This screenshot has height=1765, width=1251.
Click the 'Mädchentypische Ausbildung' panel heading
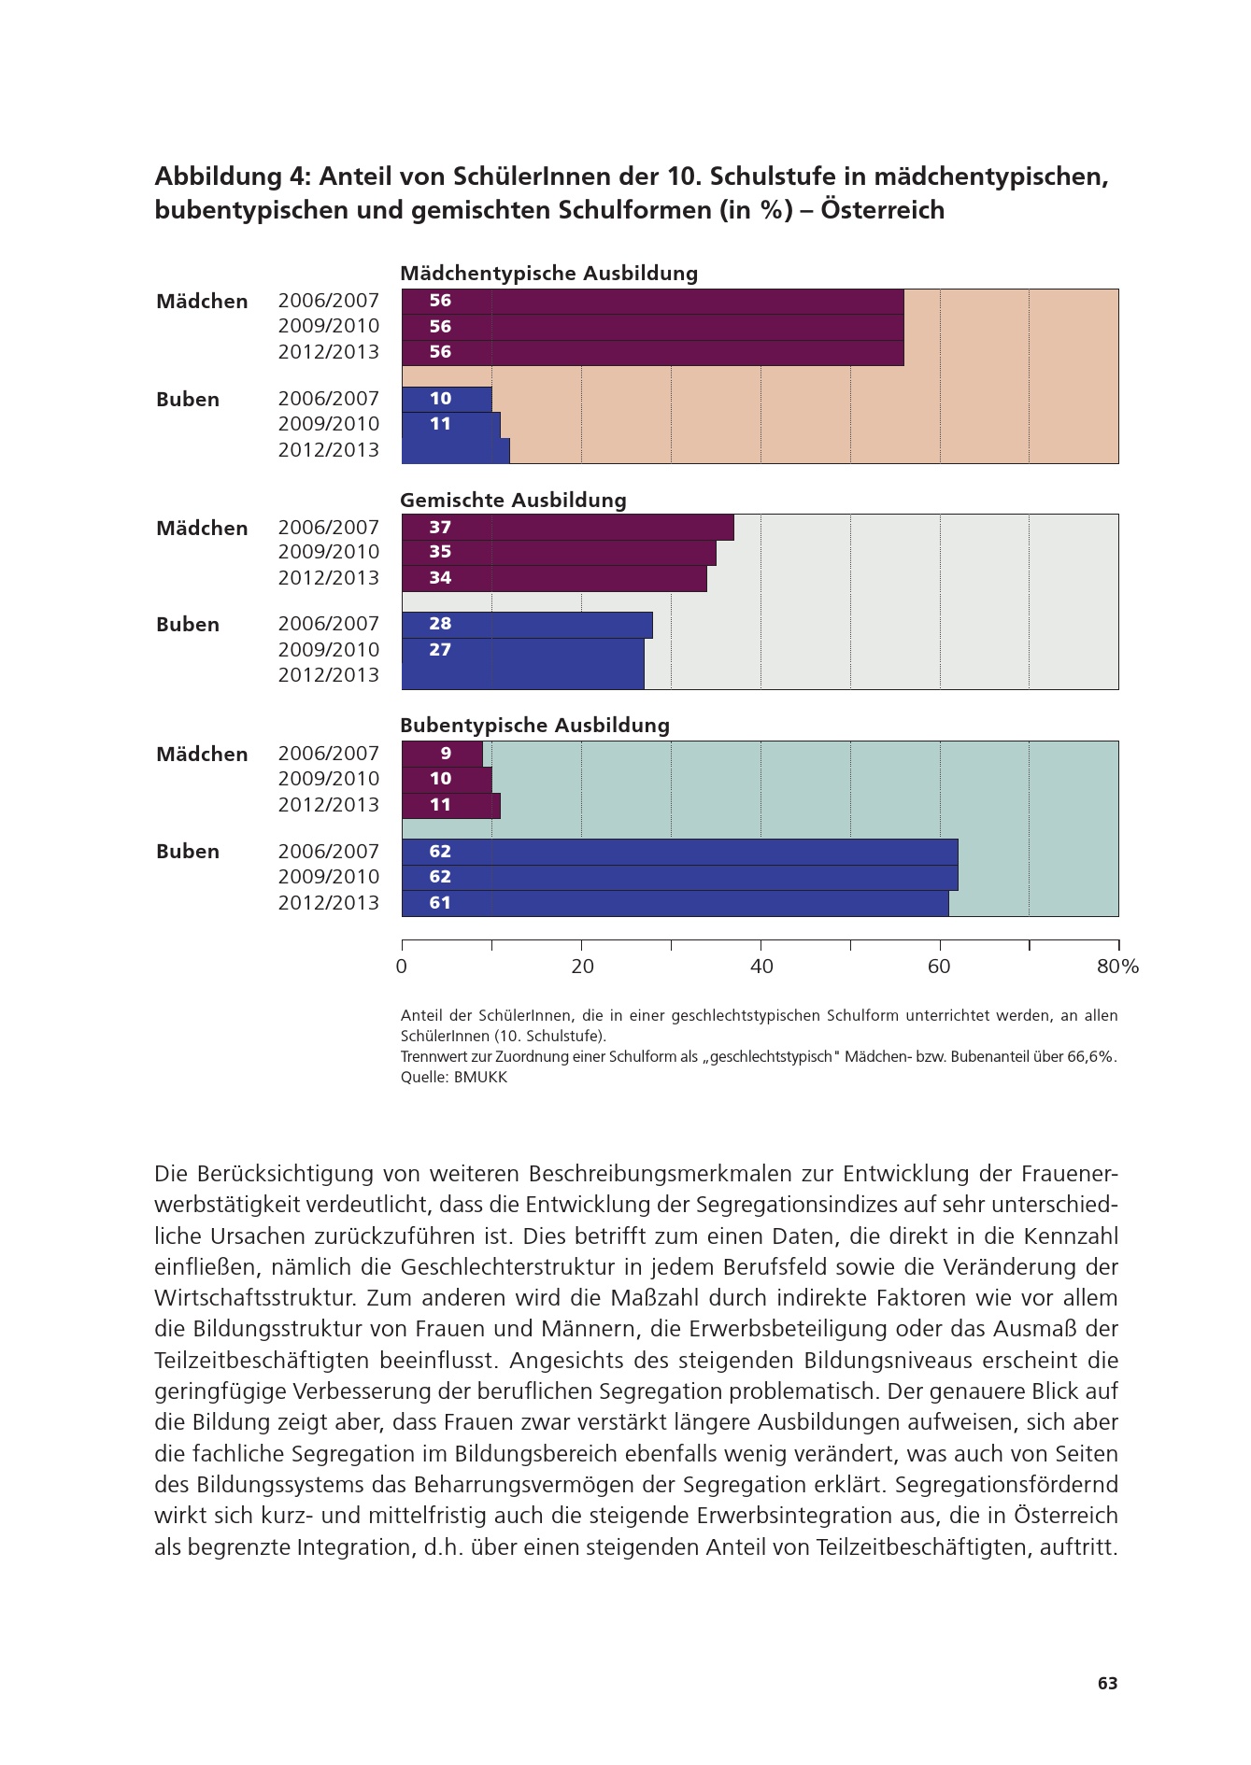pyautogui.click(x=548, y=274)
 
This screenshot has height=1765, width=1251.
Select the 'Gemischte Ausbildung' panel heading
pyautogui.click(x=513, y=501)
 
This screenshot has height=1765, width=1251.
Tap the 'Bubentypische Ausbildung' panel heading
pyautogui.click(x=534, y=726)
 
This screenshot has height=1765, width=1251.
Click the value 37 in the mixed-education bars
pyautogui.click(x=440, y=528)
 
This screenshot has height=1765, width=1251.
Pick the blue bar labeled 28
pyautogui.click(x=527, y=625)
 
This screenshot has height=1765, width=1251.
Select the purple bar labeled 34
pyautogui.click(x=554, y=578)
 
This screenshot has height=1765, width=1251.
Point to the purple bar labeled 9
pyautogui.click(x=443, y=754)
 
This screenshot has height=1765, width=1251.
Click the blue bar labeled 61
pyautogui.click(x=675, y=903)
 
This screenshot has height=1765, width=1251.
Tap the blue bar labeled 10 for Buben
pyautogui.click(x=447, y=399)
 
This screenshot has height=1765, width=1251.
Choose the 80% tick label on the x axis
pyautogui.click(x=1117, y=967)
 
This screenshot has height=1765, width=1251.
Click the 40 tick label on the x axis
pyautogui.click(x=761, y=967)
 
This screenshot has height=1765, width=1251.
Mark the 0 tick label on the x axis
pyautogui.click(x=402, y=967)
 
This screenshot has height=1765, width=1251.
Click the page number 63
pyautogui.click(x=1107, y=1684)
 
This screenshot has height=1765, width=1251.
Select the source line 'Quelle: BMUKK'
pyautogui.click(x=454, y=1077)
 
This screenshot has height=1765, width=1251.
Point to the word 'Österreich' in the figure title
pyautogui.click(x=883, y=210)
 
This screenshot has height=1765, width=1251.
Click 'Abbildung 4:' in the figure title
pyautogui.click(x=233, y=176)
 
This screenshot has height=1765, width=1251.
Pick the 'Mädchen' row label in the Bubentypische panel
pyautogui.click(x=202, y=755)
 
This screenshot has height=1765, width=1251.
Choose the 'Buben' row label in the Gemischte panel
pyautogui.click(x=188, y=625)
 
